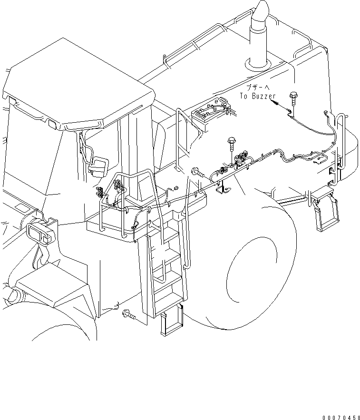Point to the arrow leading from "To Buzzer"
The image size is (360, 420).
(283, 107)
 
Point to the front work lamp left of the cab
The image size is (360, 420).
(38, 233)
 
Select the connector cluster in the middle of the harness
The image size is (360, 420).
(241, 159)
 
